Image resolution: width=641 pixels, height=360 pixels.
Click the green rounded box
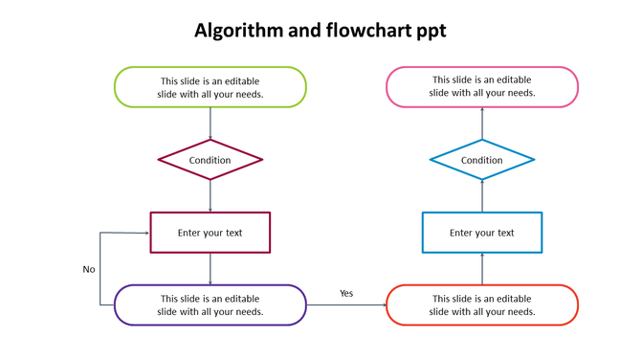[210, 87]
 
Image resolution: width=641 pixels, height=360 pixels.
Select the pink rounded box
[482, 87]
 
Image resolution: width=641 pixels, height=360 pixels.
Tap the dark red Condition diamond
[210, 160]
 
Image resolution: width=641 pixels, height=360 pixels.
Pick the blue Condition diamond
[482, 160]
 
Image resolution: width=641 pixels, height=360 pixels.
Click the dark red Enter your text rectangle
[210, 233]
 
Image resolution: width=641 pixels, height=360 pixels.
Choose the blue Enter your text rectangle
[482, 233]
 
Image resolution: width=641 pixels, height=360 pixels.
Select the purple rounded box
[210, 305]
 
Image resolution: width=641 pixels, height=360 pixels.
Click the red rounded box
[482, 305]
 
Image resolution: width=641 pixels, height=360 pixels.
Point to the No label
[89, 269]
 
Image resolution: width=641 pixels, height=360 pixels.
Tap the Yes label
[346, 293]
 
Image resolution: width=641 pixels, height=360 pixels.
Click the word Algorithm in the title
[238, 31]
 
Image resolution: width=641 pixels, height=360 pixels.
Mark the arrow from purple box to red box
[346, 305]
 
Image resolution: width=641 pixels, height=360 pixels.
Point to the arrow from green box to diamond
[210, 124]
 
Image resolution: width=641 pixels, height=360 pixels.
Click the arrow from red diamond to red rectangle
[210, 196]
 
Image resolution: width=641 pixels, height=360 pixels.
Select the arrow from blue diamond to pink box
[482, 124]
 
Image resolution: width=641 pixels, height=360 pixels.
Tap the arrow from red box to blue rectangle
[482, 269]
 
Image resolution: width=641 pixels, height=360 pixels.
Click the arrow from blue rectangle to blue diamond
[482, 196]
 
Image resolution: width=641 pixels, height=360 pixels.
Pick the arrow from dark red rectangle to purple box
[210, 269]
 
